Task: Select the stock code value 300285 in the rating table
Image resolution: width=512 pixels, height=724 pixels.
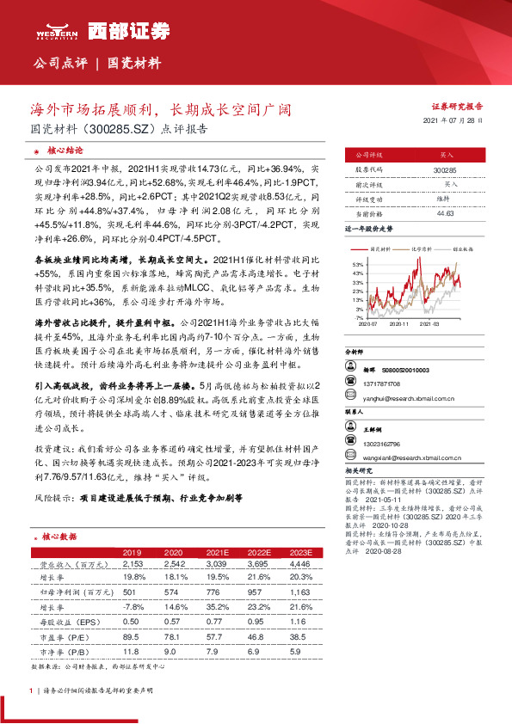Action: pyautogui.click(x=445, y=171)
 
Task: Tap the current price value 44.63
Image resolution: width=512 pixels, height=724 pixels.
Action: pyautogui.click(x=445, y=213)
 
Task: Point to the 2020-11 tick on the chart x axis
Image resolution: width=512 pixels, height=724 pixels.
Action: pyautogui.click(x=400, y=325)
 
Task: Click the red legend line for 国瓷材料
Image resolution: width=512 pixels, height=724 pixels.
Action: pyautogui.click(x=374, y=248)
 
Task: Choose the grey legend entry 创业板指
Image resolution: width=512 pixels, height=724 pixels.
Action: pyautogui.click(x=466, y=248)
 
